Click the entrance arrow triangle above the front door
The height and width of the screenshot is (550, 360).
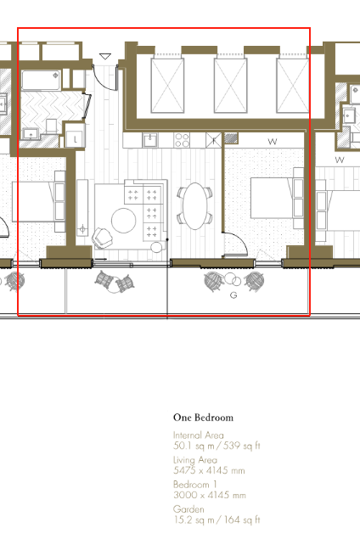105,56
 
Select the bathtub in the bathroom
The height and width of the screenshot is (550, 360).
41,81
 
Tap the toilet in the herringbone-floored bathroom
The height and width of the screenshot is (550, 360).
52,126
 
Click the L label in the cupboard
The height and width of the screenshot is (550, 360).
75,139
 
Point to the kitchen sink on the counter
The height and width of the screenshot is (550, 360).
150,140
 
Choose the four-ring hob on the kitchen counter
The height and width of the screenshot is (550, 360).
182,140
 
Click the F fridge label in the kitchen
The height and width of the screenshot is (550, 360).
214,141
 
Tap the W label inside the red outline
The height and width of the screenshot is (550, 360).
273,142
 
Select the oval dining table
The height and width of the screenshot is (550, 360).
195,206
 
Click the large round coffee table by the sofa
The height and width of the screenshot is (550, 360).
123,221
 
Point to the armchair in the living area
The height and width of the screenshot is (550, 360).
103,237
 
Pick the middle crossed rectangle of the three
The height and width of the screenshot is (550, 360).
231,86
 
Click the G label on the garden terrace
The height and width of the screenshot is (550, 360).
233,295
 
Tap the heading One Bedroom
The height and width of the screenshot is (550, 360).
203,418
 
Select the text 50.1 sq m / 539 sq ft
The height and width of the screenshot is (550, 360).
217,446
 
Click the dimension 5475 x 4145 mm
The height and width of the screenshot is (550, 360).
209,470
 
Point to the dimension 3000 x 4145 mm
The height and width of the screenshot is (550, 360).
210,495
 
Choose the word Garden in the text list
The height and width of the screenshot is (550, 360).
188,509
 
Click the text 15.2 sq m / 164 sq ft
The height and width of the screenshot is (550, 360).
217,519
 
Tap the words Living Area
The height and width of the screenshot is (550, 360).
195,460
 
